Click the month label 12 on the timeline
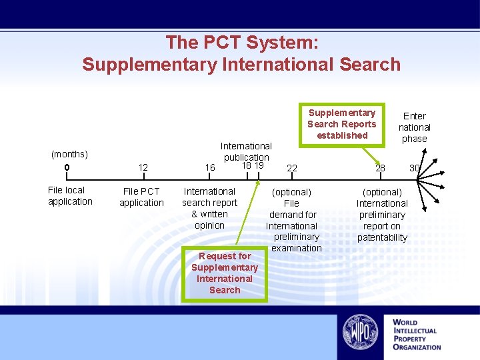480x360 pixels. [143, 167]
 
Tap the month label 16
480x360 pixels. [210, 167]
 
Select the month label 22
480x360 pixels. [292, 168]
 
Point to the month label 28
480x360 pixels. [380, 168]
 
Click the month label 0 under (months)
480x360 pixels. [67, 167]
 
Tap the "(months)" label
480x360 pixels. [69, 155]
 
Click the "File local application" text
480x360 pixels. [70, 196]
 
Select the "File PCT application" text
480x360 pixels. [141, 197]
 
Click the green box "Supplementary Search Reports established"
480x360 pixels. [342, 124]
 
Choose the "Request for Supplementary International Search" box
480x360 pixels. [225, 273]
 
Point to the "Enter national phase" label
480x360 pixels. [414, 127]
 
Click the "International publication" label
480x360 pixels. [246, 151]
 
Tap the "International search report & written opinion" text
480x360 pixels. [209, 209]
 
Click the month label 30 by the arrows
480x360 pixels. [415, 168]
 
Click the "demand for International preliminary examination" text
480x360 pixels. [293, 231]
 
